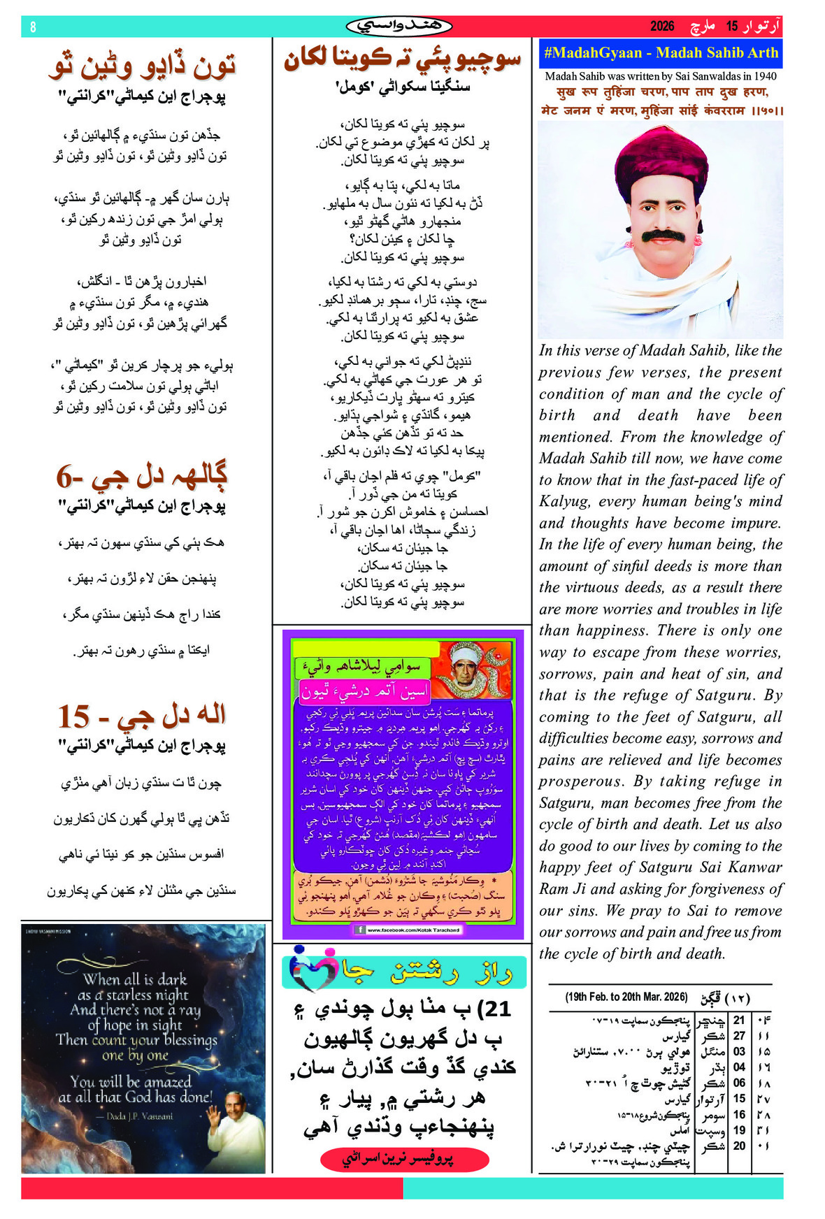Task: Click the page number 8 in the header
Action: click(x=33, y=27)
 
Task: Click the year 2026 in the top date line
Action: click(x=661, y=27)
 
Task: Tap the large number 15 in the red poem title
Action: click(x=73, y=717)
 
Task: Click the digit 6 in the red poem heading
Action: click(x=64, y=478)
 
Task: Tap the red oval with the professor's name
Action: click(x=403, y=1159)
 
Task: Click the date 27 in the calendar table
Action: click(x=739, y=1036)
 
